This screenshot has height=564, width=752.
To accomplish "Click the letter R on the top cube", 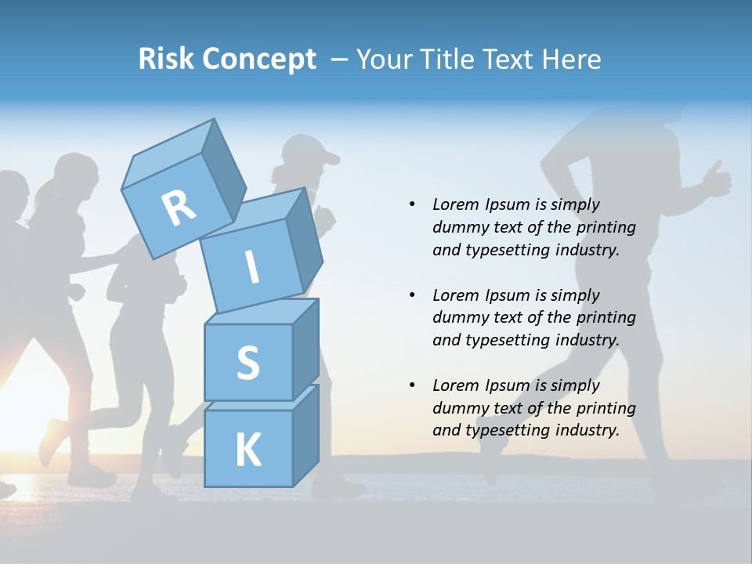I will (x=179, y=207).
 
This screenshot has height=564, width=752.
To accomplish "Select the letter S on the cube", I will (x=248, y=363).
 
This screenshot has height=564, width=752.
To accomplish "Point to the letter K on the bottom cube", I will (x=248, y=450).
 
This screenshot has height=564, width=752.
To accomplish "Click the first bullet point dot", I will (x=412, y=204).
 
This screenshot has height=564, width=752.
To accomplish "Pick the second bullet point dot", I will (x=412, y=295).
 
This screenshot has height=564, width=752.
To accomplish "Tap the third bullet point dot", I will (x=412, y=385).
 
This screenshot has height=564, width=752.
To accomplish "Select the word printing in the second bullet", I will (x=606, y=317).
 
